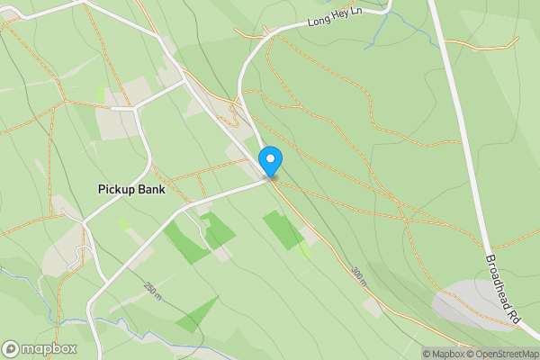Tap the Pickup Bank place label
[131, 189]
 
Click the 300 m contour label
[360, 276]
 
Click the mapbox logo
[40, 348]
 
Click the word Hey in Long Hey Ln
[338, 16]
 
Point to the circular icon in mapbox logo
[11, 348]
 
